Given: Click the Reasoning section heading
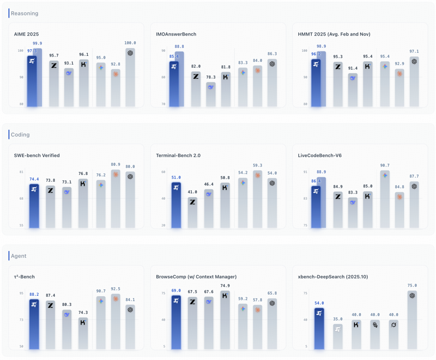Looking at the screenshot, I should click(24, 13).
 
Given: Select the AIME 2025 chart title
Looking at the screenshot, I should click(26, 34).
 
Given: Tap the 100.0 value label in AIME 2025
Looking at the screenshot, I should click(130, 43).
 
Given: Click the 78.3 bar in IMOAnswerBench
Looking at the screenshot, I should click(211, 95).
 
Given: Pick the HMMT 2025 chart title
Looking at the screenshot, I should click(334, 34).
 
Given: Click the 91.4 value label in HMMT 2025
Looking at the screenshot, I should click(353, 68).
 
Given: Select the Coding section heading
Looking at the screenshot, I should click(20, 135).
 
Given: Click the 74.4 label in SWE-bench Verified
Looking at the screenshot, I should click(34, 179).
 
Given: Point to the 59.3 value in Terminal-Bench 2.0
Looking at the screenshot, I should click(257, 165).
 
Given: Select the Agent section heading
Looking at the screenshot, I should click(19, 256).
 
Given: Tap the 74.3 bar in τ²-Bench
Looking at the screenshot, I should click(83, 333).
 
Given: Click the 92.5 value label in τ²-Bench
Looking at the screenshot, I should click(116, 289).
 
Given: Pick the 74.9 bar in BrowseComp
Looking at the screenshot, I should click(225, 319).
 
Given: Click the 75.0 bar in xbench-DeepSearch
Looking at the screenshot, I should click(412, 319).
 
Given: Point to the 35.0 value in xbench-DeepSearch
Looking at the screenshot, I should click(337, 319).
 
